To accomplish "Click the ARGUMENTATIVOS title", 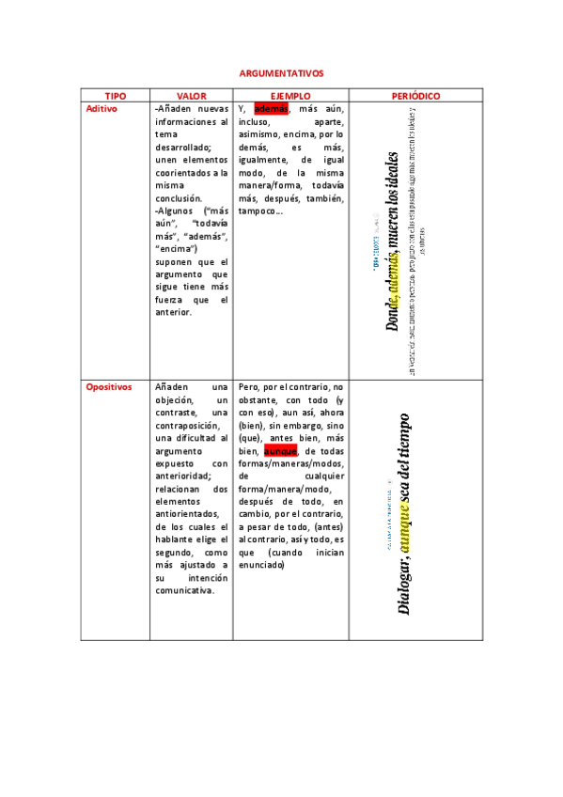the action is point(281,72).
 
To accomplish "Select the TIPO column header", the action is point(116,96).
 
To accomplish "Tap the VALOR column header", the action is point(192,96).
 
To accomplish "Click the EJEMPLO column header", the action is point(290,96).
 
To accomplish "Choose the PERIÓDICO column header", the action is point(415,96).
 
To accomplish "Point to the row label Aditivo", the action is point(102,109).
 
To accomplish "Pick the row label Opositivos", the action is point(109,387).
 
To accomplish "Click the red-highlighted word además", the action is point(271,109).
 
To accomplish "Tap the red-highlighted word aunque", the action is point(280,451).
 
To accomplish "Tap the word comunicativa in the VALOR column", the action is point(186,590).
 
